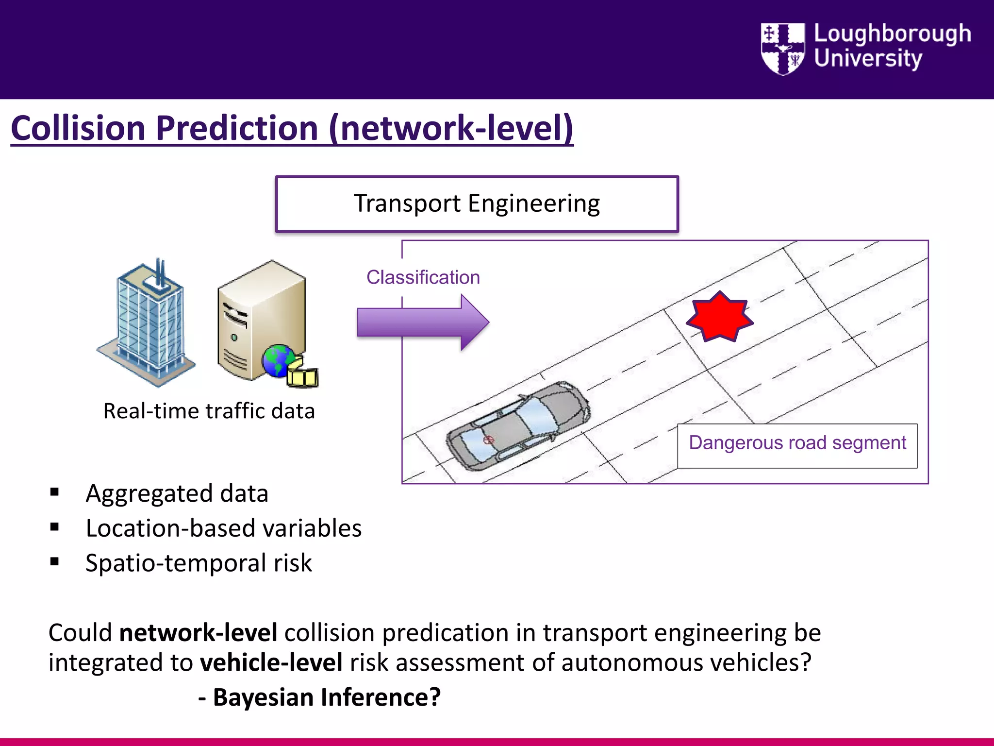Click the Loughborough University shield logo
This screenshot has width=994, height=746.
[782, 49]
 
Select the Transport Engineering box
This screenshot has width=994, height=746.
[477, 204]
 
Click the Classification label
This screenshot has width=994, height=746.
[423, 277]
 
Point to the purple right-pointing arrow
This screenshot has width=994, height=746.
[422, 322]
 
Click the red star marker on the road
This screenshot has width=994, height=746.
[719, 317]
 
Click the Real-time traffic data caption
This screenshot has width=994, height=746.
[209, 411]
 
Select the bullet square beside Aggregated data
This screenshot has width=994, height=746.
[54, 492]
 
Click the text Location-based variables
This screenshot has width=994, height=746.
[223, 528]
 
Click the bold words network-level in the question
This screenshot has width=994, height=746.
[198, 633]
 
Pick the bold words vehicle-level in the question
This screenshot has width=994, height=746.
[271, 663]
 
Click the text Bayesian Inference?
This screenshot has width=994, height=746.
[326, 697]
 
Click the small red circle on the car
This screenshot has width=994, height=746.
[489, 440]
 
